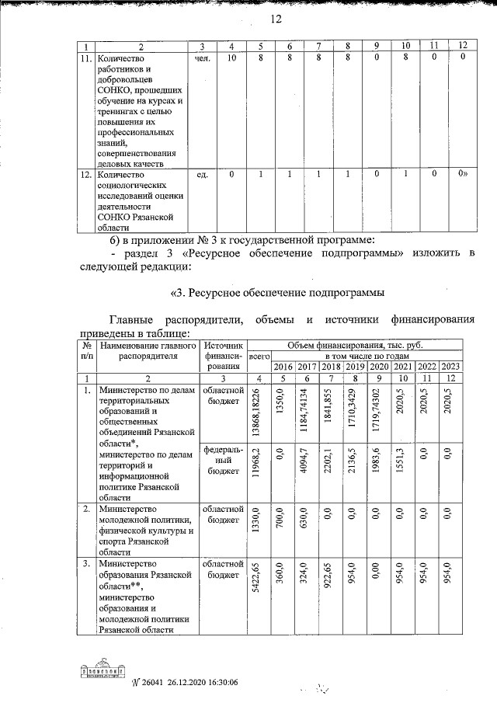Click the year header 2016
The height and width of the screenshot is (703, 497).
(283, 367)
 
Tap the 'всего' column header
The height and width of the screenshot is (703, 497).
(258, 356)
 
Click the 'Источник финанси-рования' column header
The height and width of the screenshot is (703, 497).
(223, 356)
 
